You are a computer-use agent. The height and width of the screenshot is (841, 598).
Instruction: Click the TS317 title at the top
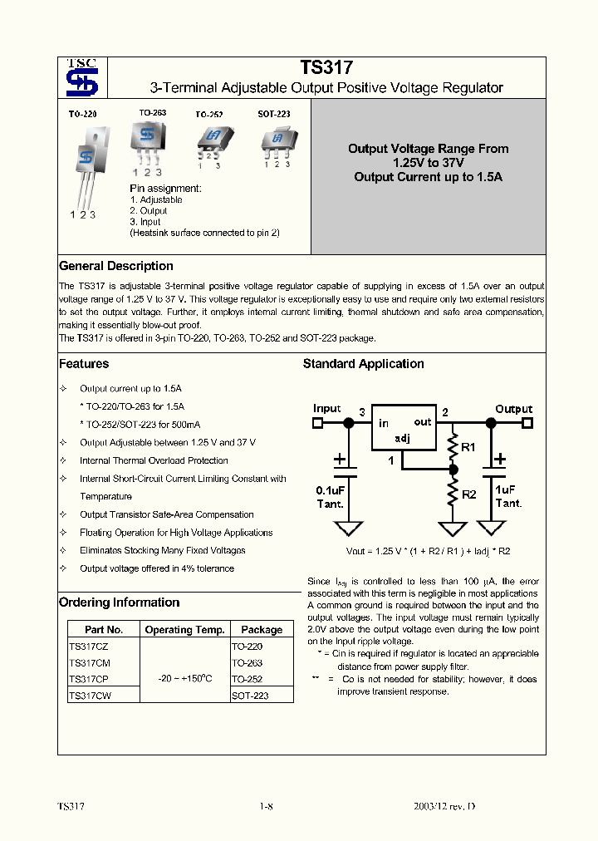[326, 68]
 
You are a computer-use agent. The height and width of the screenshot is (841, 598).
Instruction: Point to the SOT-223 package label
[273, 114]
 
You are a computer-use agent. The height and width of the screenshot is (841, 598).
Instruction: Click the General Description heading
[116, 266]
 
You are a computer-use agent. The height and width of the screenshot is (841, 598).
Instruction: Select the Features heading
[84, 364]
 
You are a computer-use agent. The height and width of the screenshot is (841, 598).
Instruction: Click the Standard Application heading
[363, 364]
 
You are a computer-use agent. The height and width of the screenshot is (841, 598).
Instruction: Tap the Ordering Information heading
[119, 602]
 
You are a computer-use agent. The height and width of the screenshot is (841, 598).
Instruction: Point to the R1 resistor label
[468, 447]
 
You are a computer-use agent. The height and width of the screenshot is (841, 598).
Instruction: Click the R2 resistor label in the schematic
[468, 494]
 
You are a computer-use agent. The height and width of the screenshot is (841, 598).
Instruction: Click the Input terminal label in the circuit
[327, 409]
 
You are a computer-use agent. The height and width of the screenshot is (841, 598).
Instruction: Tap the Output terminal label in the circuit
[513, 409]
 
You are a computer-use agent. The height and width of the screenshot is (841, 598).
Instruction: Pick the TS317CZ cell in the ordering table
[89, 646]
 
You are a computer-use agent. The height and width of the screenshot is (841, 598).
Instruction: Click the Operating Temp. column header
[184, 630]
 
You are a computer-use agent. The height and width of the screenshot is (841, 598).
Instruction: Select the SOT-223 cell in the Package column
[250, 696]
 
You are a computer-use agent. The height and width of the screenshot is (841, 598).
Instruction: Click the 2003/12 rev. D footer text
[444, 807]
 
